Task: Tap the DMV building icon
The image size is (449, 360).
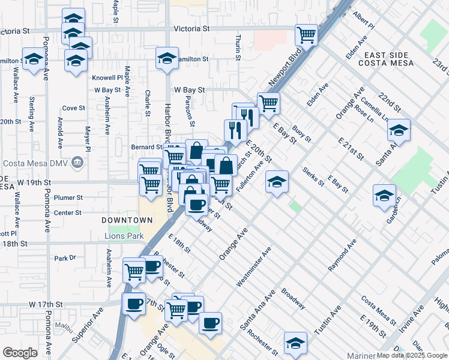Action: pos(77,163)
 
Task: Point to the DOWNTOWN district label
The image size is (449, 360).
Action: pos(127,220)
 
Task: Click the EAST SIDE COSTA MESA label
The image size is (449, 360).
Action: pos(387,59)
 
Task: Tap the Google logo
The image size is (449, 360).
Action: pos(20,352)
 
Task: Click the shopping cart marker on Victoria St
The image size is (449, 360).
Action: pos(307,34)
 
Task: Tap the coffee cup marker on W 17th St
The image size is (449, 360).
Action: pos(133,303)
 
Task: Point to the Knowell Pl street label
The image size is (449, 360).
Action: pos(107,78)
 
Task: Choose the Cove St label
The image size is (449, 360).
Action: pos(73,108)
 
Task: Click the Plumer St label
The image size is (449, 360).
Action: pos(68,197)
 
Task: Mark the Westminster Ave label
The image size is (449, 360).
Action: pos(254,266)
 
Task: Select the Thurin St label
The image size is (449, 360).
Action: pos(238,46)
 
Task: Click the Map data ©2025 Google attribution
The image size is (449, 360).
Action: pos(411,355)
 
